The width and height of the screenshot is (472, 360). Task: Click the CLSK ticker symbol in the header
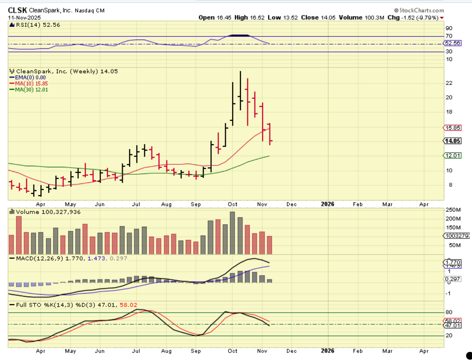point(17,10)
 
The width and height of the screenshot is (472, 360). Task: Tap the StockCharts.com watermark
point(419,10)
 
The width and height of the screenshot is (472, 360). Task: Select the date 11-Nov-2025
point(24,18)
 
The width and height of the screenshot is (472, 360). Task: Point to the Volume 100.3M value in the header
point(361,18)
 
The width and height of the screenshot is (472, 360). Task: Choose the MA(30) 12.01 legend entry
point(31,90)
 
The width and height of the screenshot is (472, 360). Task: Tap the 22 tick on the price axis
point(449,83)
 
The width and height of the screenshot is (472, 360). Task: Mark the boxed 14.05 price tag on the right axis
point(452,141)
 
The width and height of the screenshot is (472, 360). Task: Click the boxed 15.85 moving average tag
point(452,128)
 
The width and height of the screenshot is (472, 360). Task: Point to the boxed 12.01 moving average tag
point(452,155)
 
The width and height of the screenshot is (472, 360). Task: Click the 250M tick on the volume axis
point(452,210)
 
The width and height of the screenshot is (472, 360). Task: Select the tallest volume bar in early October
point(232,233)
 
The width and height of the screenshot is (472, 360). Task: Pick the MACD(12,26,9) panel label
point(40,258)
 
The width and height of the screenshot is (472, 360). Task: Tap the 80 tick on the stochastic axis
point(449,312)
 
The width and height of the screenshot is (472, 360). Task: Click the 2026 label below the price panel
point(328,204)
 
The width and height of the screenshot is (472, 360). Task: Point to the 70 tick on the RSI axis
point(449,36)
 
